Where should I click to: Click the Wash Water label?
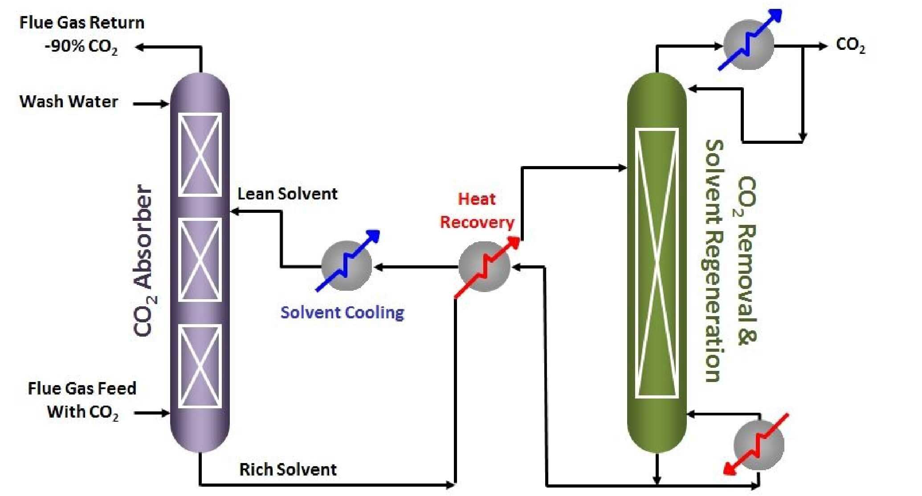pos(69,102)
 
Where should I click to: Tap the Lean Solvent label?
pos(287,194)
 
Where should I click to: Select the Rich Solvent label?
pos(288,469)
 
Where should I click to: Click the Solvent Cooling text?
pos(342,312)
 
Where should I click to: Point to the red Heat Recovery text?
pos(477,211)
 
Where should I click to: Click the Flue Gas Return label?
pos(82,23)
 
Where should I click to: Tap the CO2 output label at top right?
pos(850,45)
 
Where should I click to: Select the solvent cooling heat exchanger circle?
pos(347,266)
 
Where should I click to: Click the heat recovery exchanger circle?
pos(484,267)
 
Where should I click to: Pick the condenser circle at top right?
pos(748,45)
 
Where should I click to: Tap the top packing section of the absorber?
pos(200,154)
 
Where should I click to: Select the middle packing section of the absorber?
pos(200,260)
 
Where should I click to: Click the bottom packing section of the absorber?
pos(200,366)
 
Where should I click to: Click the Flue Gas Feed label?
pos(82,388)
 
